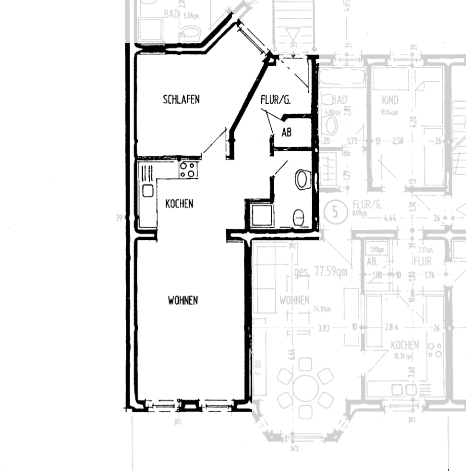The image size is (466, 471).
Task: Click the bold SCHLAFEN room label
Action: [181, 100]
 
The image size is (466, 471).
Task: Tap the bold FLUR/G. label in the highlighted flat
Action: [275, 100]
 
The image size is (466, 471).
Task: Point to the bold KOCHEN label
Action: [179, 204]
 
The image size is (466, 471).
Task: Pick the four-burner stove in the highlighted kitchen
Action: [187, 169]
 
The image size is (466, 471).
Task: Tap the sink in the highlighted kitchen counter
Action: [148, 191]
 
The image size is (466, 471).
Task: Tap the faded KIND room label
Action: [391, 100]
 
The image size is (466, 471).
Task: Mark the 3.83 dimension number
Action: [324, 328]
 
